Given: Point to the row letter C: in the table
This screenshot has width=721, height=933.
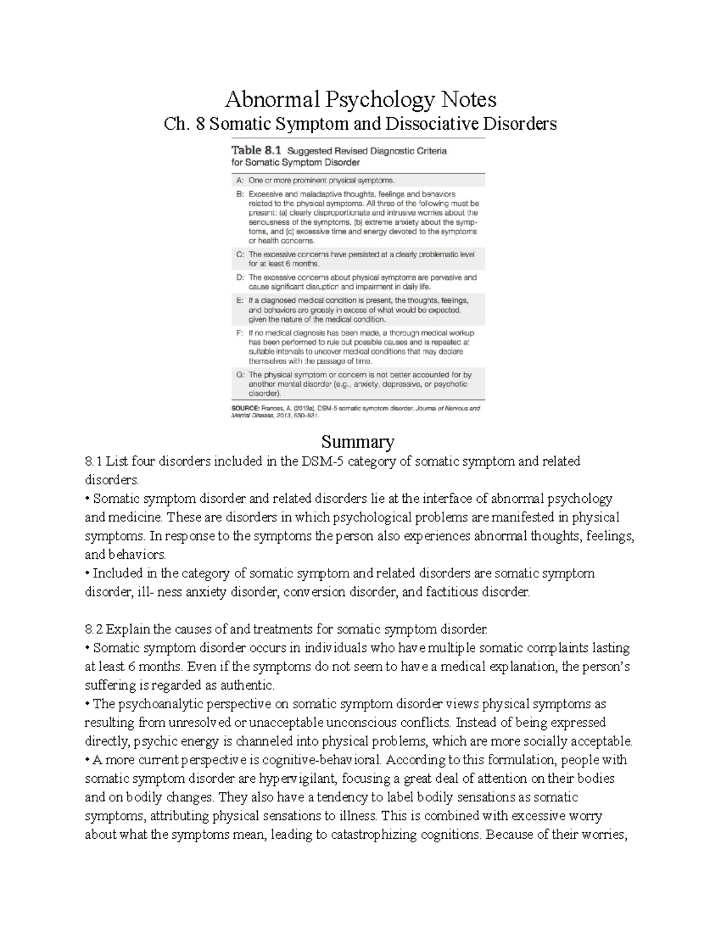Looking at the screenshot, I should (x=239, y=254).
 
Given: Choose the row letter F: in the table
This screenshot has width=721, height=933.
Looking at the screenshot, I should (x=239, y=332).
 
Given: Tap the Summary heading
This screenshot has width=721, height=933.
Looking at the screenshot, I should (x=357, y=442).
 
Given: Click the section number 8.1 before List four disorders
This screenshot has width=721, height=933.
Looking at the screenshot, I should (x=94, y=461).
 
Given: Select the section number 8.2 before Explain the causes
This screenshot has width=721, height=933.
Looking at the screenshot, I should (x=94, y=630).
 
